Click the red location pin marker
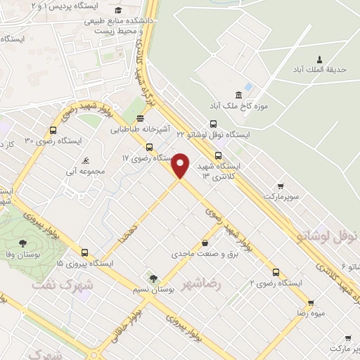pyautogui.click(x=181, y=165)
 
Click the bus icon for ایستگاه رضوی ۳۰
pyautogui.click(x=53, y=130)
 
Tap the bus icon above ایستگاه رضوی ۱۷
pyautogui.click(x=149, y=147)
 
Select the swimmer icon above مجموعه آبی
pyautogui.click(x=85, y=160)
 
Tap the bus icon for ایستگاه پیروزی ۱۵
pyautogui.click(x=84, y=252)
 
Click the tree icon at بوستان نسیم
pyautogui.click(x=150, y=278)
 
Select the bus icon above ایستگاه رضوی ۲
pyautogui.click(x=276, y=271)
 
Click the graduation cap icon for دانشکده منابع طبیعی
pyautogui.click(x=117, y=10)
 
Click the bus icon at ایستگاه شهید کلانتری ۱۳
pyautogui.click(x=218, y=155)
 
